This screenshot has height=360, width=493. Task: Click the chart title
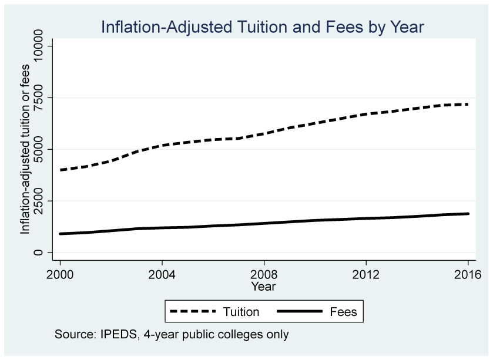262,27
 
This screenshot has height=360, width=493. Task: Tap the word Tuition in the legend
241,312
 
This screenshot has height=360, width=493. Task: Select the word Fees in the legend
344,312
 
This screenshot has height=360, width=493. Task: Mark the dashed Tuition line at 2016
467,105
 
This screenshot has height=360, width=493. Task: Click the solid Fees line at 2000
60,234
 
